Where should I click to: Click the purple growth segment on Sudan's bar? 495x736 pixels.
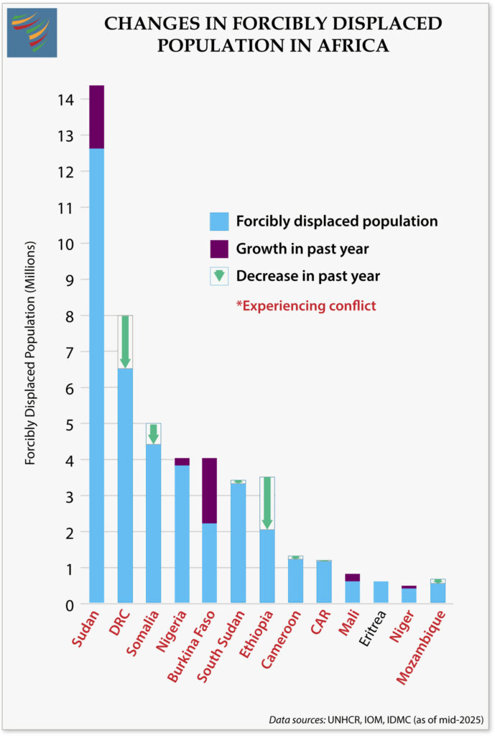pos(96,116)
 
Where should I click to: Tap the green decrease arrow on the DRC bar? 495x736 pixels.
pos(125,341)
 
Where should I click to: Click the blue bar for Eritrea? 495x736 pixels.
pos(381,592)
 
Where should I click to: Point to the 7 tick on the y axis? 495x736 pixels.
pos(68,351)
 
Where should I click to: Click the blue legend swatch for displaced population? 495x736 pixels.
pos(219,221)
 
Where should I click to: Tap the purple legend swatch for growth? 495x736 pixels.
pos(219,249)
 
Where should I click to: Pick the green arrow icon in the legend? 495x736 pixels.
pos(219,276)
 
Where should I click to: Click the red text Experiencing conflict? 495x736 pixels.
pos(306,305)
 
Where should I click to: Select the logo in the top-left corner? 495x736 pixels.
pos(32,33)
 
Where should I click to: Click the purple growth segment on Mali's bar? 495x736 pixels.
pos(352,577)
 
